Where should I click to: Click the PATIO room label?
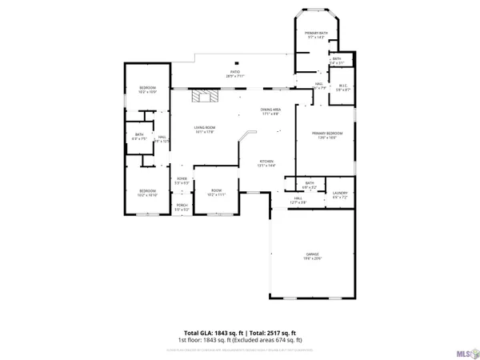coord(236,72)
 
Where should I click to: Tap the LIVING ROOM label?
coord(206,128)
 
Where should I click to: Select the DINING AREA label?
coord(270,110)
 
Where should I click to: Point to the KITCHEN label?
coord(266,162)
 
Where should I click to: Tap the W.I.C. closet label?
coord(342,86)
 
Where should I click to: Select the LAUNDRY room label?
coord(339,193)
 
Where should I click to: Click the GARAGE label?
coord(311,254)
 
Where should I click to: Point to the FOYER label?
coord(182,181)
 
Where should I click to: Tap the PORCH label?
coord(182,206)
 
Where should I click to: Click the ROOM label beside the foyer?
coord(217,191)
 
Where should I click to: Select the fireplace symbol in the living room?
coord(204,97)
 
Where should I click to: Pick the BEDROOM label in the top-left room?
coord(147,88)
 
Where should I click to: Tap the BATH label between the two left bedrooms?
coord(138,134)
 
